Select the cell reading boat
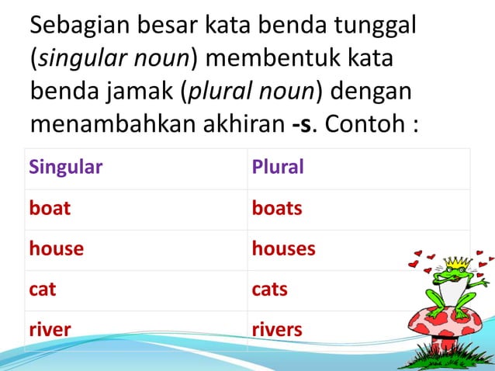click(x=50, y=209)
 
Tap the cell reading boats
click(x=277, y=209)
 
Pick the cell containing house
click(x=56, y=249)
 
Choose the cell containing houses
click(x=283, y=249)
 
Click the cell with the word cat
click(x=43, y=290)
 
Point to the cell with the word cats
click(x=270, y=290)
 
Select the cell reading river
click(x=50, y=330)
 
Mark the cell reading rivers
click(x=277, y=330)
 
